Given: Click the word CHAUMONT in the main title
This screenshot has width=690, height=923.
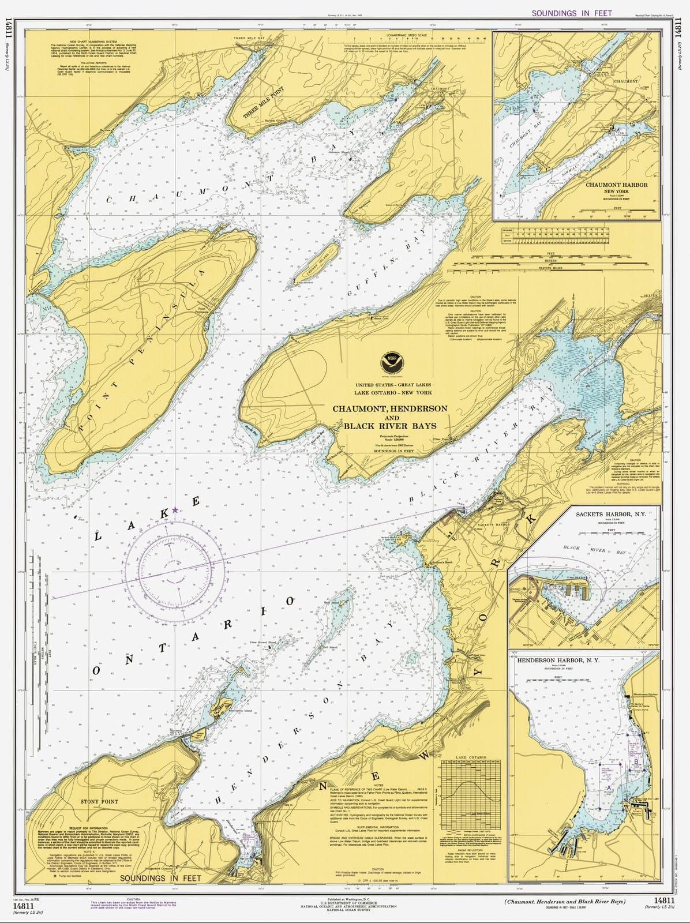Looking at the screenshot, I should pos(361,408).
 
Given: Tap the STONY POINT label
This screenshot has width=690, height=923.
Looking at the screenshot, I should pos(99,802).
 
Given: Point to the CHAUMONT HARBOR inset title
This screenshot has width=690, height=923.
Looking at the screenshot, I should pos(616,185).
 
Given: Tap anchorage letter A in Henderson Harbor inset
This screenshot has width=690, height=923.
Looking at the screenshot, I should pos(608,787).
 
